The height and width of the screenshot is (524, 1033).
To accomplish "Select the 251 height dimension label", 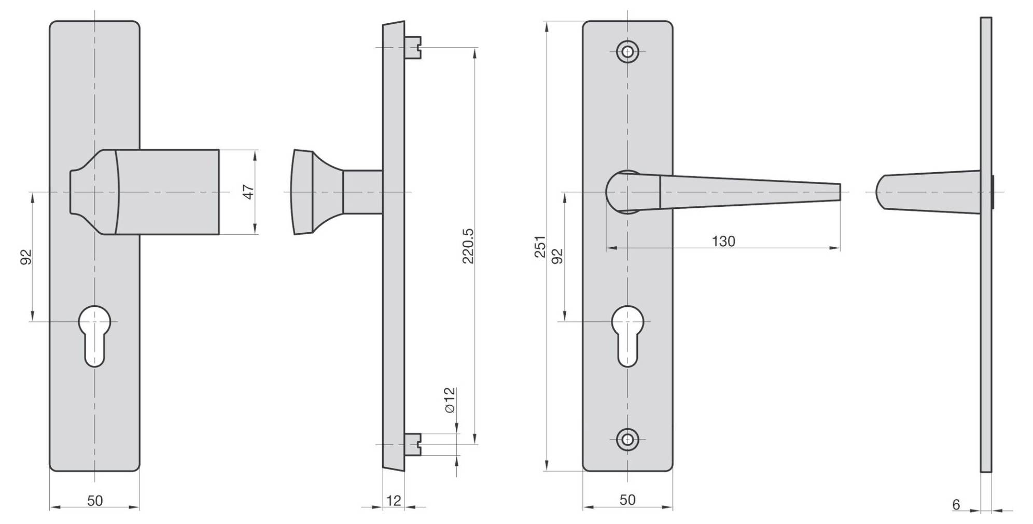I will point(540,246).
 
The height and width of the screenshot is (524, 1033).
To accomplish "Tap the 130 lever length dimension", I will point(723,242).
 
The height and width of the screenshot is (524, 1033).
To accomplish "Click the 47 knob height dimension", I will point(249,192).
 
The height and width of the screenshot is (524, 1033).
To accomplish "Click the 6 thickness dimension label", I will point(956,504).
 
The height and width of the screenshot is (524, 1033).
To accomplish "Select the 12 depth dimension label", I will point(394,501).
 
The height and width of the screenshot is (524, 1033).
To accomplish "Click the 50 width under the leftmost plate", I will point(95,501).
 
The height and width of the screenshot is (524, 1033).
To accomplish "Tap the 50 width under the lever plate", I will point(627,500).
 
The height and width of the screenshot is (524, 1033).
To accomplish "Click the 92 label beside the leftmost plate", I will point(26,257).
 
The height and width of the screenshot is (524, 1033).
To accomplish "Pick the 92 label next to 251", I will point(557,256).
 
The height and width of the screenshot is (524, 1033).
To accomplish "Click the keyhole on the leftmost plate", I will point(95,334).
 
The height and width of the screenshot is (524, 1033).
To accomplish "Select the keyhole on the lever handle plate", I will point(627,334).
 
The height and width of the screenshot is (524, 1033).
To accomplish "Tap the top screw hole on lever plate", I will point(627,52).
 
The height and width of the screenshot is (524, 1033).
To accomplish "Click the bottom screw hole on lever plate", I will point(627,440).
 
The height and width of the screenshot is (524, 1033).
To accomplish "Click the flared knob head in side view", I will point(303,192).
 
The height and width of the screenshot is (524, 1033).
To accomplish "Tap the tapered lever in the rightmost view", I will point(928,191).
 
